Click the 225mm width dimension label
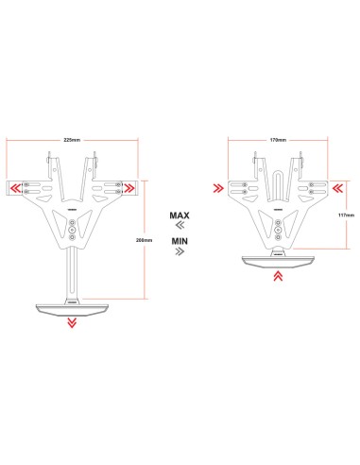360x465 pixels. pos(72,140)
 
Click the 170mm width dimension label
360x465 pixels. pos(278,140)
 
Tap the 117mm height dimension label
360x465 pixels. pos(346,215)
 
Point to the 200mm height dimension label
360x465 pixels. pos(144,240)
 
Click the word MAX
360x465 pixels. pos(180,215)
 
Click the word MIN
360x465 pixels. pos(180,241)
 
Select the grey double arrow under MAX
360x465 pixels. pos(180,225)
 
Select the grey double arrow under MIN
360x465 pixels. pos(180,251)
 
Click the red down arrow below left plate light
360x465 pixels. pos(72,322)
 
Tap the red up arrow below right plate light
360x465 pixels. pos(278,276)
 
